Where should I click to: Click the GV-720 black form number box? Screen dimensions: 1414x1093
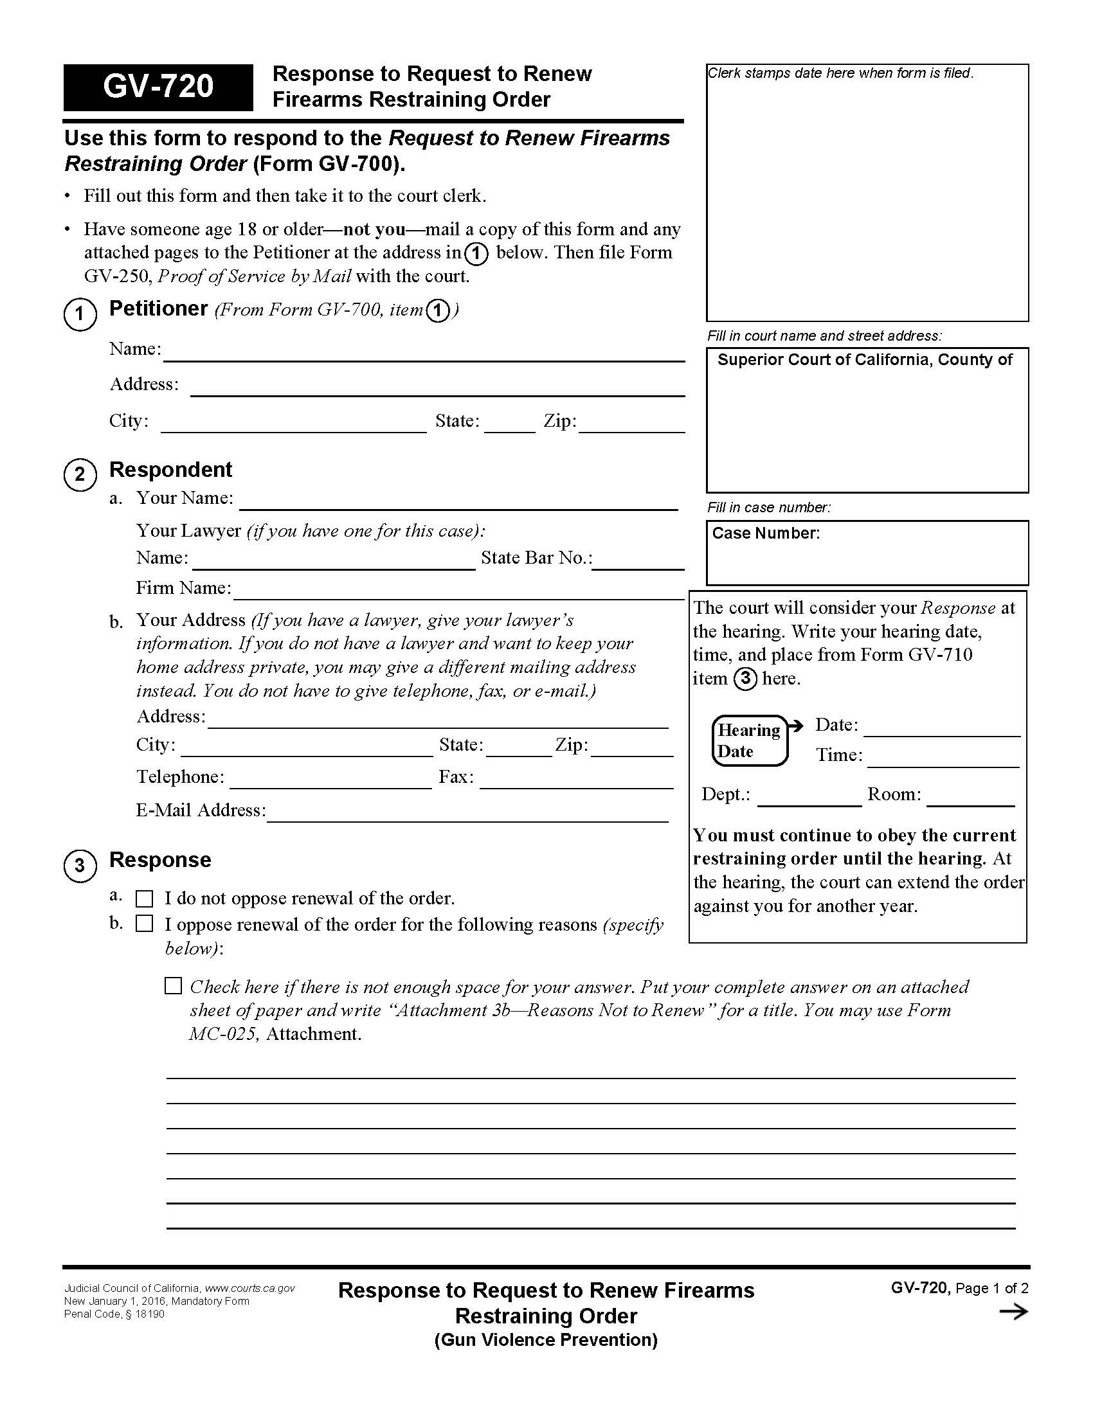158,87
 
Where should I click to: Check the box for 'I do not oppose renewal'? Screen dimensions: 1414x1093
144,899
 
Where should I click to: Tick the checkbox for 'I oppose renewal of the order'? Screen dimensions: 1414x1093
144,924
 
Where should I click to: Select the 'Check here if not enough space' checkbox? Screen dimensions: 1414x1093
173,986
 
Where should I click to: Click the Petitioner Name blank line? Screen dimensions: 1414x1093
424,353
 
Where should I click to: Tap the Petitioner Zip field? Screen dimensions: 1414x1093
631,424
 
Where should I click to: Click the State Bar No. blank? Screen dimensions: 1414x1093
638,562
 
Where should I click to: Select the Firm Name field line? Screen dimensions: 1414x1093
458,592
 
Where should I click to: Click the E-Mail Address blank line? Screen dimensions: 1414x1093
467,814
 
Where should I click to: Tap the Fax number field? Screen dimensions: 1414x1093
576,781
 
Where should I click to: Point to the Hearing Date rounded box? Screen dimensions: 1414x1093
749,740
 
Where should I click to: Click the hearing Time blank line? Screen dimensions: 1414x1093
943,760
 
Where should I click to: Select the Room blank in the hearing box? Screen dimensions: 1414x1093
970,798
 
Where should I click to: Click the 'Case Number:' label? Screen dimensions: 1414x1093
765,533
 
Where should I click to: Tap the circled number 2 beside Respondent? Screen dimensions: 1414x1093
80,474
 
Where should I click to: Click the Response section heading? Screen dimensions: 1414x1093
160,860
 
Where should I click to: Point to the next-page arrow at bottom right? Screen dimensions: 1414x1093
1013,1312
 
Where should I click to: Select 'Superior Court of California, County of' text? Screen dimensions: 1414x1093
864,360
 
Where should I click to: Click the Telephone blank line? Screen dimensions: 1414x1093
330,781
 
